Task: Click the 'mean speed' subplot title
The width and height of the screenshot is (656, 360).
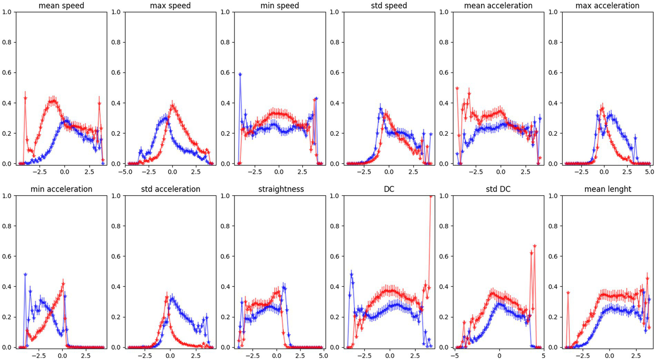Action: pos(61,6)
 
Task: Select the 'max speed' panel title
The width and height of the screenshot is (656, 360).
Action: pos(170,6)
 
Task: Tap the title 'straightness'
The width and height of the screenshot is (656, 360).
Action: pos(281,189)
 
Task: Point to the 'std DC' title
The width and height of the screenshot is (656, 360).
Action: pos(498,189)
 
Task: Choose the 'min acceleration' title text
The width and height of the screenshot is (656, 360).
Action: pos(61,189)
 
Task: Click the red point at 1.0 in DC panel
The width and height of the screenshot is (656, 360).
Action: pos(431,196)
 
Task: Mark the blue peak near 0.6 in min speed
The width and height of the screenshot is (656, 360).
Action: pos(240,74)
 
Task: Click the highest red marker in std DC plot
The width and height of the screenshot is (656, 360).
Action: pos(535,246)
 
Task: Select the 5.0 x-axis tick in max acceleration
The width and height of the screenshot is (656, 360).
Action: pos(649,172)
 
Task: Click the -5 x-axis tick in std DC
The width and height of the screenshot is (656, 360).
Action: pos(454,355)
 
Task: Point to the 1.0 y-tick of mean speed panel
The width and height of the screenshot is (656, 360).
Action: pos(7,12)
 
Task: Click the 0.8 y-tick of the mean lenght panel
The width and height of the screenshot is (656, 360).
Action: pos(553,226)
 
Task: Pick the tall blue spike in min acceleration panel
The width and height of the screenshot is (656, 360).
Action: pos(25,275)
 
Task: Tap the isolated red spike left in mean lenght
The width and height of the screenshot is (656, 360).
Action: pos(568,293)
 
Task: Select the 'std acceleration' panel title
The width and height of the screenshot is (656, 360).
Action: pos(170,189)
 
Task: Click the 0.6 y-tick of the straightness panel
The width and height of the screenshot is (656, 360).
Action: pos(226,257)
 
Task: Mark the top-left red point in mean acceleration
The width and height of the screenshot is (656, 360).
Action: pos(457,88)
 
